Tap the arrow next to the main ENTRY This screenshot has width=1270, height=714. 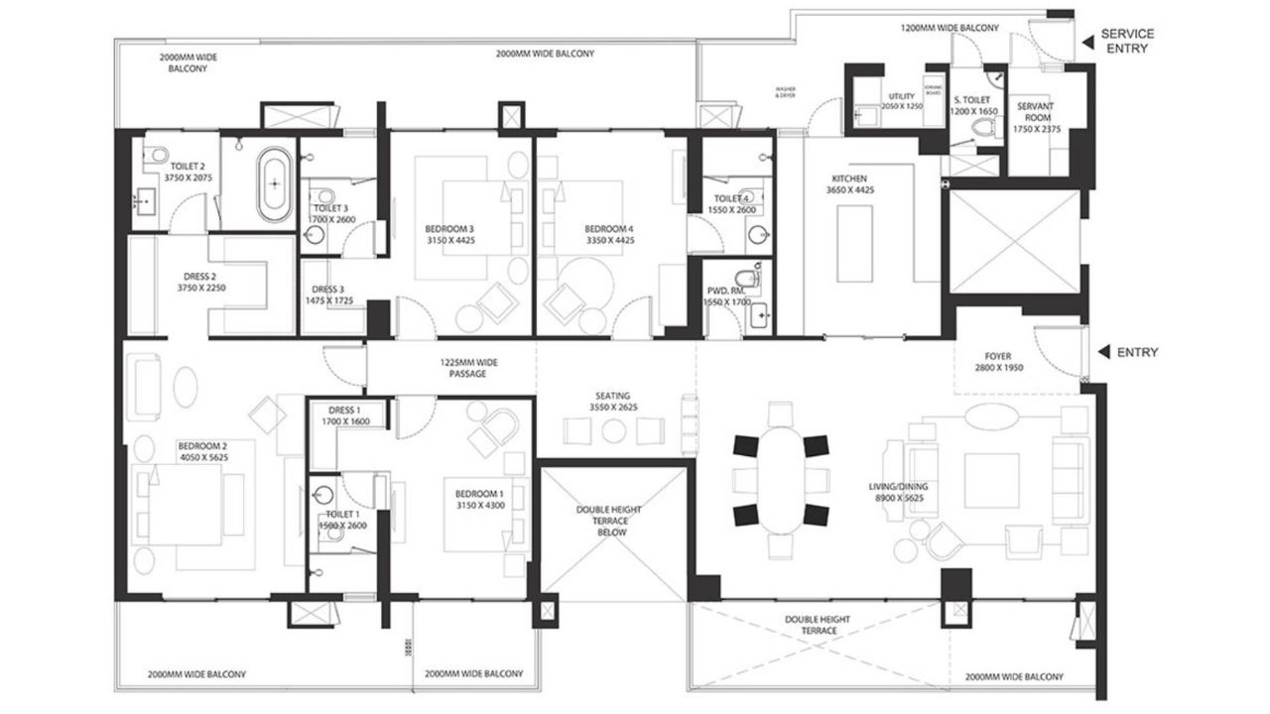pyautogui.click(x=1104, y=352)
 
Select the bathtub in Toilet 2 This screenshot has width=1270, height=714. pyautogui.click(x=275, y=185)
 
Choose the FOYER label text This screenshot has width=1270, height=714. pyautogui.click(x=998, y=362)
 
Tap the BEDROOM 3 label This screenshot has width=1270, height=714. pyautogui.click(x=444, y=234)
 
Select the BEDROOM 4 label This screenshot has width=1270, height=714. pyautogui.click(x=609, y=234)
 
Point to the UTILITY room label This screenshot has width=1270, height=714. pyautogui.click(x=902, y=100)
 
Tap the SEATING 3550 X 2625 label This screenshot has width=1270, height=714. pyautogui.click(x=613, y=402)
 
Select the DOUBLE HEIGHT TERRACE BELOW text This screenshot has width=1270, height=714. pyautogui.click(x=609, y=521)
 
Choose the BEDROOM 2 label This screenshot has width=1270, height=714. pyautogui.click(x=202, y=451)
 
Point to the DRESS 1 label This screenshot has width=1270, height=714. pyautogui.click(x=345, y=416)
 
